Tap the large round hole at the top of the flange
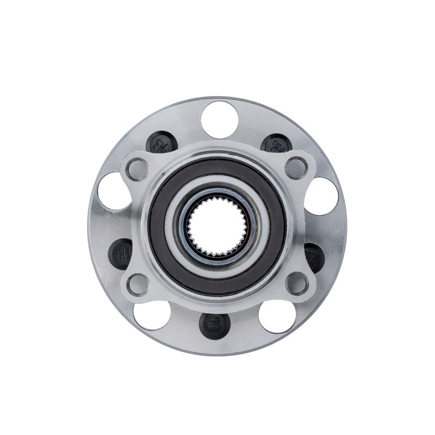point(217,116)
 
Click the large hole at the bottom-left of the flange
point(150,315)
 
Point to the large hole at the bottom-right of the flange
point(278,316)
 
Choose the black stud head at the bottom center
point(214,325)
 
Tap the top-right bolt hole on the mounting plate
point(297,167)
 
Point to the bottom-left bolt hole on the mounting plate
point(138,283)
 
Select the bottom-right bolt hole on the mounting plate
point(297,283)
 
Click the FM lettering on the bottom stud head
point(214,325)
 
